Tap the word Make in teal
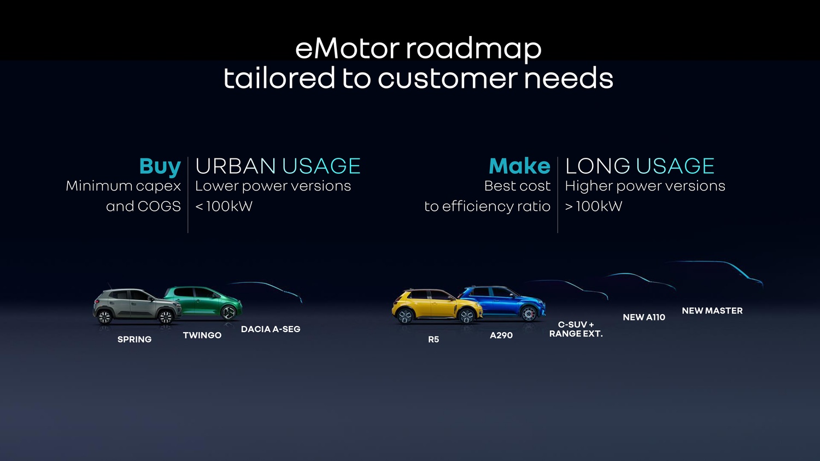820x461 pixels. coord(519,166)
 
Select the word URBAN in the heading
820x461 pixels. coord(236,166)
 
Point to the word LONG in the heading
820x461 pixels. coord(598,166)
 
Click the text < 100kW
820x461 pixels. coord(224,206)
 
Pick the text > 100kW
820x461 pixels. coord(593,206)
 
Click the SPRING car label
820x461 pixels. coord(134,340)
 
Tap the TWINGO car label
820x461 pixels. coord(202,335)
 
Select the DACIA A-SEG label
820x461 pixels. coord(271,329)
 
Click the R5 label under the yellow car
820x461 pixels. coord(434,340)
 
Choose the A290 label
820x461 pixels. coord(501,335)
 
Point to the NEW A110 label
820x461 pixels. coord(644,317)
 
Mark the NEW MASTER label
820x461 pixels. coord(712,311)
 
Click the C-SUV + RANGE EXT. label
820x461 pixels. coord(576,329)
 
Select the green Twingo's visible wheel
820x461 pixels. coord(229,312)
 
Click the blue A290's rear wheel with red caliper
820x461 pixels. coord(529,313)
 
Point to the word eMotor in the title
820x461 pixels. coord(347,49)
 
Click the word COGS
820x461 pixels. coord(159,206)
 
